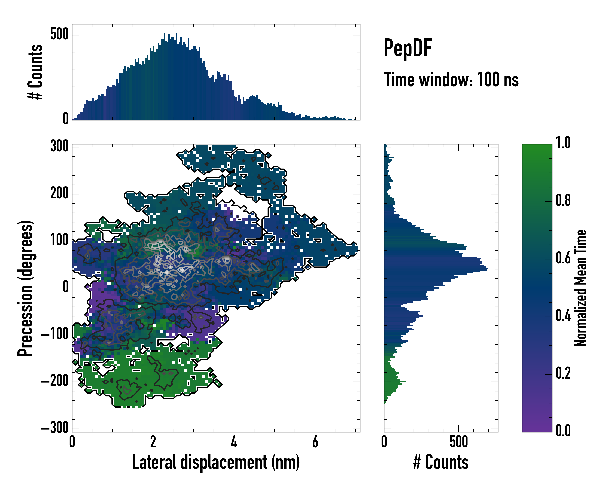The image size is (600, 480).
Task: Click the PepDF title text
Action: point(407,48)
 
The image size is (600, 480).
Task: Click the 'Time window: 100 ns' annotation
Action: point(451,80)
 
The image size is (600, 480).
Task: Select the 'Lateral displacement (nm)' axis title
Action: point(216,462)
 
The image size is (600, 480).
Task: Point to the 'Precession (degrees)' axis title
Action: point(26,288)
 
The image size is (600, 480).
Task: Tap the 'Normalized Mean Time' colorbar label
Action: point(581,288)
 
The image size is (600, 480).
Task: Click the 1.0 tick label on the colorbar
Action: point(563,143)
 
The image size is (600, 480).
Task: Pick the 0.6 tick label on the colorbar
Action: point(563,258)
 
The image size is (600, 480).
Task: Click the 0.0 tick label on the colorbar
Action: point(563,430)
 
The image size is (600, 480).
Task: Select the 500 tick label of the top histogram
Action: point(59,35)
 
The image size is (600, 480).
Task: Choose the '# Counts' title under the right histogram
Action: point(441,462)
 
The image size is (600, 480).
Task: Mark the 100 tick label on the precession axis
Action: point(59,240)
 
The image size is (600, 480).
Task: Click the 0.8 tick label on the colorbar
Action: point(563,201)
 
